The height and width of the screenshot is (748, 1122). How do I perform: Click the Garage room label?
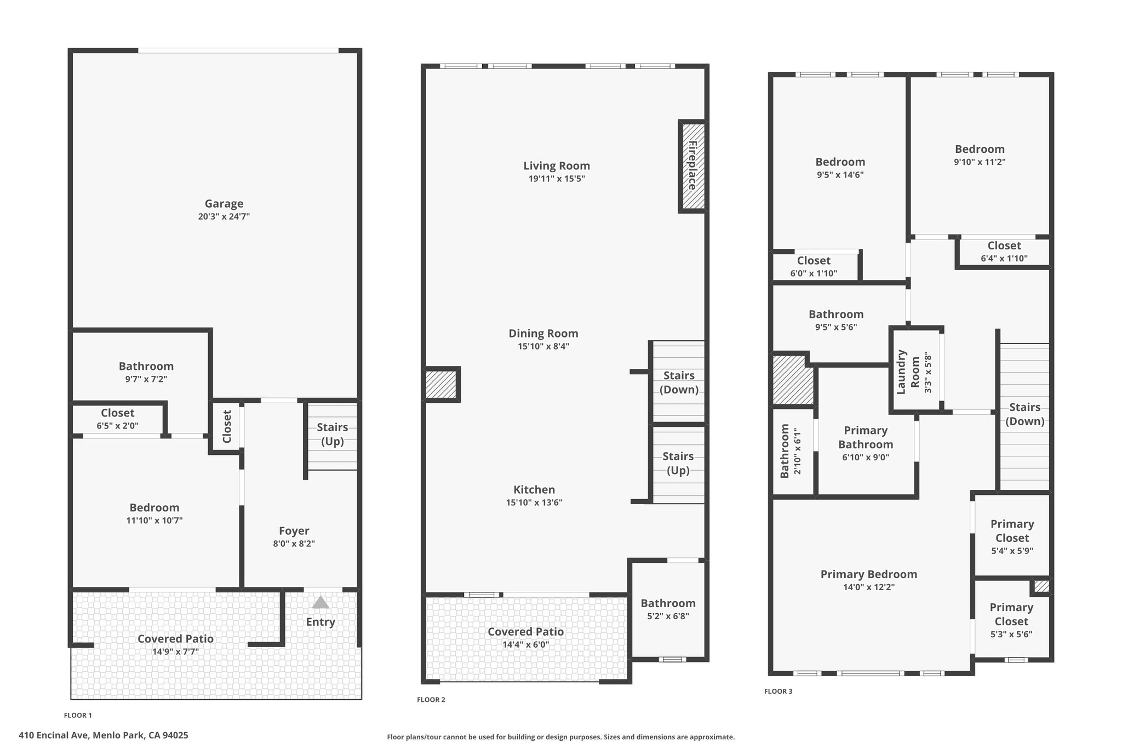pyautogui.click(x=224, y=204)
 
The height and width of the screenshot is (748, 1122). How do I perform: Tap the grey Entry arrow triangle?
pyautogui.click(x=320, y=603)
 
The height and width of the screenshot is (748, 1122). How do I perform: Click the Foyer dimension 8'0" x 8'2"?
pyautogui.click(x=294, y=544)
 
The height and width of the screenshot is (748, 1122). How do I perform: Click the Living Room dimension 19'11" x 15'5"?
pyautogui.click(x=557, y=179)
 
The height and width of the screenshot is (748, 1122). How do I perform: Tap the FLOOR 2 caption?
pyautogui.click(x=431, y=700)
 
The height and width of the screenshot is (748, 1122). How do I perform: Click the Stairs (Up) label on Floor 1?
pyautogui.click(x=332, y=434)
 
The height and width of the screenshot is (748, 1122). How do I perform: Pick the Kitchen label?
pyautogui.click(x=534, y=489)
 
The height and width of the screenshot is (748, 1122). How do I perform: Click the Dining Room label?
pyautogui.click(x=543, y=333)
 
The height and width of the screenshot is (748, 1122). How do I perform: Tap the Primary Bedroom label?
pyautogui.click(x=868, y=574)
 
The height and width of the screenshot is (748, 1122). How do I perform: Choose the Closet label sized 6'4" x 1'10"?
pyautogui.click(x=1004, y=246)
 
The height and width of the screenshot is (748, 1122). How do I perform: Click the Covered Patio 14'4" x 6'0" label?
pyautogui.click(x=525, y=632)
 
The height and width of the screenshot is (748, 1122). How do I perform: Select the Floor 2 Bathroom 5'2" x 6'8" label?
pyautogui.click(x=668, y=603)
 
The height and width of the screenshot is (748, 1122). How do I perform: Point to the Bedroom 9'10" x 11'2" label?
pyautogui.click(x=980, y=149)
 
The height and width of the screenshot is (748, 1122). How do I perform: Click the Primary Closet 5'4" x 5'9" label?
pyautogui.click(x=1012, y=531)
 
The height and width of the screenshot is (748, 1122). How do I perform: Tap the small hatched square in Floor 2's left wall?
pyautogui.click(x=441, y=385)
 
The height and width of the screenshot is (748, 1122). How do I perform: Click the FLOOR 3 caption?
pyautogui.click(x=778, y=692)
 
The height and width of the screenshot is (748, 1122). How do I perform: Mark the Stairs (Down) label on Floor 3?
pyautogui.click(x=1024, y=414)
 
